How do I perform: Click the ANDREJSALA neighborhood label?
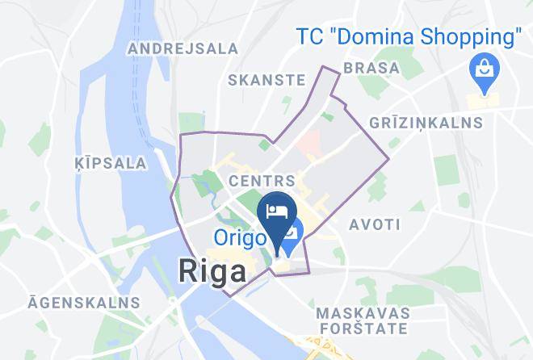(x=183, y=48)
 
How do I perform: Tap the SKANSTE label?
(x=266, y=80)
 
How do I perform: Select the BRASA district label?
(x=371, y=68)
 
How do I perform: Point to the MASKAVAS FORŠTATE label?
(x=361, y=320)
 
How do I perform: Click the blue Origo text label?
(x=241, y=238)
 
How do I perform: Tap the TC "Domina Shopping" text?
(x=408, y=37)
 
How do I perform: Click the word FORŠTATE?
(x=361, y=329)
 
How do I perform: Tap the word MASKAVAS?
(x=361, y=312)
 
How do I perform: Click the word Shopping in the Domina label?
(x=473, y=37)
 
